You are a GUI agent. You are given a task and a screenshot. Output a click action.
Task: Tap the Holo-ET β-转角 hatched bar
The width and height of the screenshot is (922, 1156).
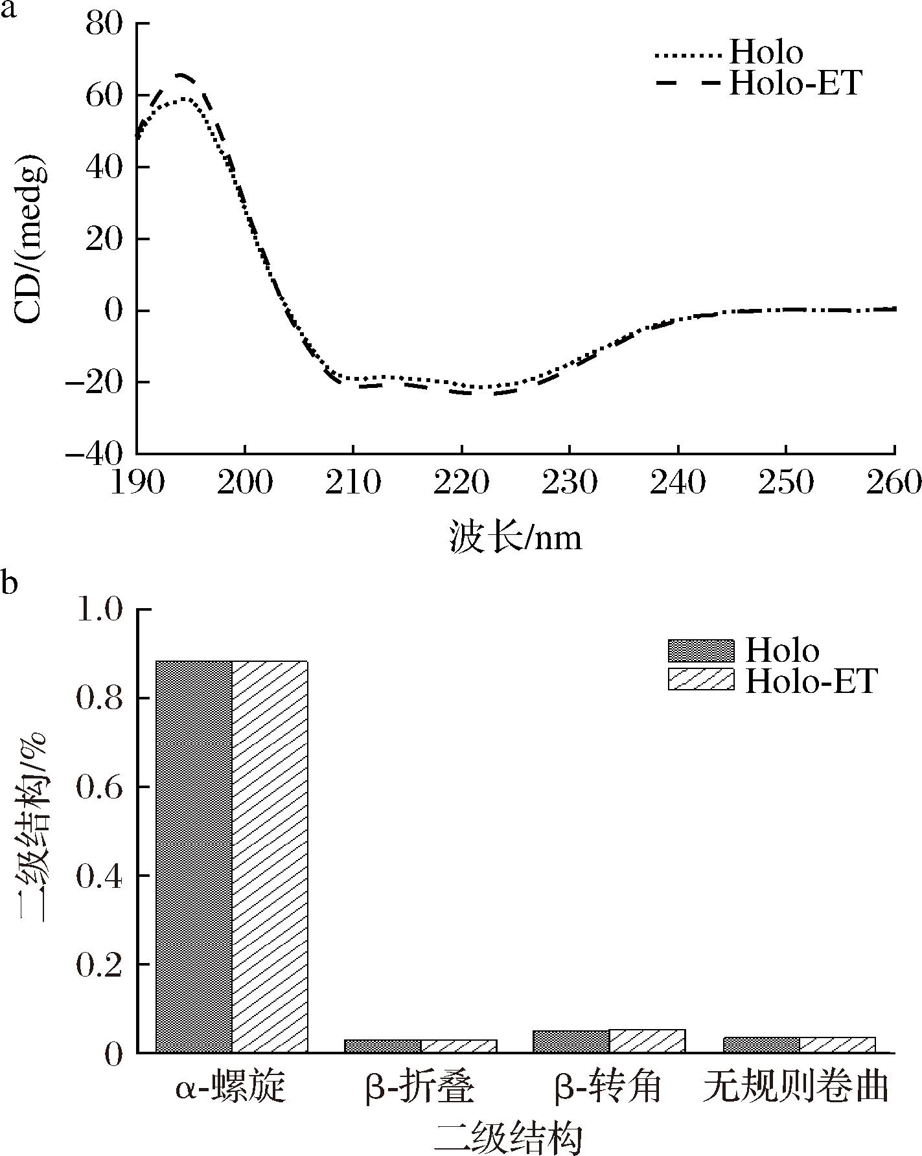pos(647,1041)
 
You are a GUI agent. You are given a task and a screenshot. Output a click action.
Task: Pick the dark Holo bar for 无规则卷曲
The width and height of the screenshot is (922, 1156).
pos(761,1045)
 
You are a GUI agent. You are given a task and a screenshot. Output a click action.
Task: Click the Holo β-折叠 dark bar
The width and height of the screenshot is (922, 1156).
pos(382,1046)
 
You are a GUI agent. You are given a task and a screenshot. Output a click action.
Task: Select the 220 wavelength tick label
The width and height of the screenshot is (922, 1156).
pos(461,483)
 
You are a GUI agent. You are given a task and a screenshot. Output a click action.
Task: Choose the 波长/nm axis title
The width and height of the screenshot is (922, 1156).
pos(516,538)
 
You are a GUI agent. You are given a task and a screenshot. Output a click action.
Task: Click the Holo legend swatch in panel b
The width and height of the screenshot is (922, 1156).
pos(701,651)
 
